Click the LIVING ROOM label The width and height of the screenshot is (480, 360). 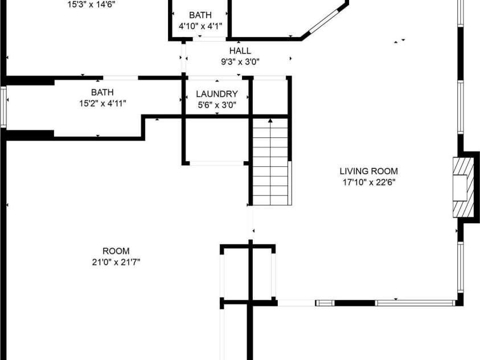pyautogui.click(x=368, y=171)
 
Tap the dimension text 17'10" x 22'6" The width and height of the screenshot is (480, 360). pyautogui.click(x=369, y=182)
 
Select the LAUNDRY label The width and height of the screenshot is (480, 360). pyautogui.click(x=217, y=93)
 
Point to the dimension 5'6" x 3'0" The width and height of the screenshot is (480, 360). pyautogui.click(x=217, y=105)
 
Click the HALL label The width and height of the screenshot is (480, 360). pyautogui.click(x=240, y=51)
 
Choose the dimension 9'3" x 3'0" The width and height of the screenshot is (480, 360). pyautogui.click(x=240, y=62)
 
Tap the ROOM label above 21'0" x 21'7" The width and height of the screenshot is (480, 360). pyautogui.click(x=116, y=251)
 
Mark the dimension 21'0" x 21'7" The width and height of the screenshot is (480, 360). pyautogui.click(x=116, y=263)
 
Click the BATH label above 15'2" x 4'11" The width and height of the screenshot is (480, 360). pyautogui.click(x=102, y=92)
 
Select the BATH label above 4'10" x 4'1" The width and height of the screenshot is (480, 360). pyautogui.click(x=200, y=15)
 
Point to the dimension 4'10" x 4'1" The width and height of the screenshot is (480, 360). pyautogui.click(x=200, y=26)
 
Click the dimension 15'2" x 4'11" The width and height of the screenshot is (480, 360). pyautogui.click(x=102, y=104)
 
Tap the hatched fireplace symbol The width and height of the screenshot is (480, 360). pyautogui.click(x=460, y=187)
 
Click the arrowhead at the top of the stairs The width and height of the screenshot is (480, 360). pyautogui.click(x=270, y=121)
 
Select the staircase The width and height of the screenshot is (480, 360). pyautogui.click(x=270, y=162)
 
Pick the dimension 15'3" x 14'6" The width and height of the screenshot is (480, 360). pyautogui.click(x=91, y=5)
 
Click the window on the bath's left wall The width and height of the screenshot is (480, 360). pyautogui.click(x=3, y=107)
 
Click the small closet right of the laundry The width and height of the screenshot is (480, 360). pyautogui.click(x=270, y=97)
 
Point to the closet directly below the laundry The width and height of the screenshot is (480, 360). pyautogui.click(x=217, y=140)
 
